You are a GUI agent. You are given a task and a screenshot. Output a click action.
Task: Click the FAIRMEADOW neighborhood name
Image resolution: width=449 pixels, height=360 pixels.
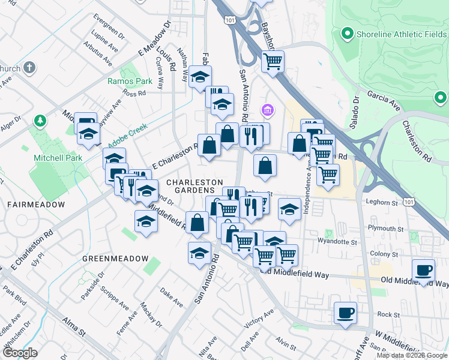pos(36,205)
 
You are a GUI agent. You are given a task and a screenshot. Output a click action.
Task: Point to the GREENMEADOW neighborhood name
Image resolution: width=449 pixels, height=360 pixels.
pos(115,259)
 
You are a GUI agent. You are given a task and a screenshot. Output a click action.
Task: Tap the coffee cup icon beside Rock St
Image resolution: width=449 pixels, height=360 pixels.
pos(345,313)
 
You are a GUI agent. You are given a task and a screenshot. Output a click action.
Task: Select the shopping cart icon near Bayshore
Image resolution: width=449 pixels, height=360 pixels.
pos(273,61)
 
